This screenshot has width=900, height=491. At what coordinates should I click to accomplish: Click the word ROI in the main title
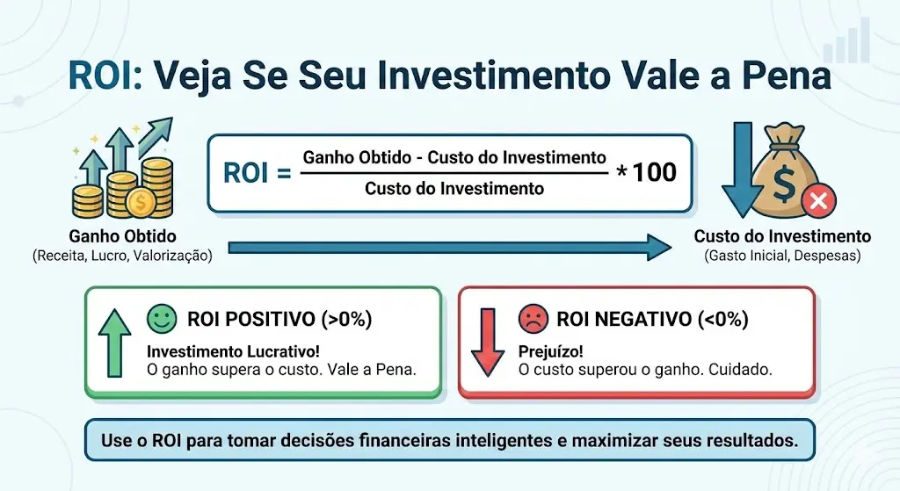pos(102,76)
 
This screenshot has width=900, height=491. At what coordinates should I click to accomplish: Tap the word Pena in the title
pos(788,76)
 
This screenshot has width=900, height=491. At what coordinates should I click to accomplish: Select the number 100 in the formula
pos(654,172)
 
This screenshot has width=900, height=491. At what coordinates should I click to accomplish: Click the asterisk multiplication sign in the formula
pos(621,171)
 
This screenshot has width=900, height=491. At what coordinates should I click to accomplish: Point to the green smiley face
pos(162,318)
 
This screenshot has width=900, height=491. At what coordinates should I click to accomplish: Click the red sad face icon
pos(533,318)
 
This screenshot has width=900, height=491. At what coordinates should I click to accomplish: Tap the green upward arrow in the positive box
pos(115,343)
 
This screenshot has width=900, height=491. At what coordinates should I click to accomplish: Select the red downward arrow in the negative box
pos(487,343)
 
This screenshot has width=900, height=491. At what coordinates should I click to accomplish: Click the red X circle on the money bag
pos(818,201)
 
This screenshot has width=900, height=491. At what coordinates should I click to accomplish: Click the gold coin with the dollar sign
pos(140,203)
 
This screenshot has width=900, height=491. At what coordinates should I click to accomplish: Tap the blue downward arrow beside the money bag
pos(743,170)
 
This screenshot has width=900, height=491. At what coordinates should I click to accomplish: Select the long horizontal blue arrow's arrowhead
pos(659,247)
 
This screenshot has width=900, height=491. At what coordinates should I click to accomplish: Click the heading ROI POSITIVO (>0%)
pos(279,319)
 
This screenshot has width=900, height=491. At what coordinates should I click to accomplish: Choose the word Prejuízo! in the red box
pos(550,351)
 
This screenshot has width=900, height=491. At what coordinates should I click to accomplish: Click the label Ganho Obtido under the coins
pos(123,236)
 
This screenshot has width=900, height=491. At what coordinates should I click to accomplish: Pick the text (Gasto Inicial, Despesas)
pos(782,256)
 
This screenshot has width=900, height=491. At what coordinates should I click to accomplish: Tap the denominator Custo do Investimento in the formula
pos(454,188)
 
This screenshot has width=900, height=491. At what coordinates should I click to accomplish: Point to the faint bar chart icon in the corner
pos(847,40)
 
